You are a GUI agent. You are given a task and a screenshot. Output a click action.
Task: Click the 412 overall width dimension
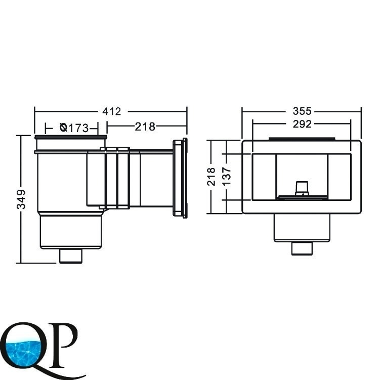(111, 111)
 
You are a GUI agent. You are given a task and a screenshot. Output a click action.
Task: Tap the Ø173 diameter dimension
(74, 128)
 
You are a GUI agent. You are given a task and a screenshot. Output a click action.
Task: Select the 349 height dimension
(21, 199)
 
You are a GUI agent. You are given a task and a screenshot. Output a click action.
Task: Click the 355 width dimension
(302, 111)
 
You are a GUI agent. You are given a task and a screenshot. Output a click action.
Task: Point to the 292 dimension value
(302, 124)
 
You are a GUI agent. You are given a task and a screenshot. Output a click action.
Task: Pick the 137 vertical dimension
(227, 177)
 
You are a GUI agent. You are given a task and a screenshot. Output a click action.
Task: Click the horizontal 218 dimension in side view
(145, 126)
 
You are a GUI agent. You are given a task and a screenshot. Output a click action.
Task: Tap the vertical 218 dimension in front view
(211, 177)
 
